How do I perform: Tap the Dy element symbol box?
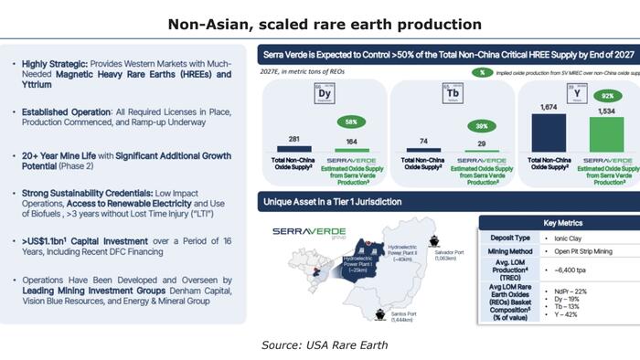(x=325, y=93)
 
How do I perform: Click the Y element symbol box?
(x=578, y=93)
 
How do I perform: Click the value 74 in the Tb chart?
(x=422, y=142)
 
